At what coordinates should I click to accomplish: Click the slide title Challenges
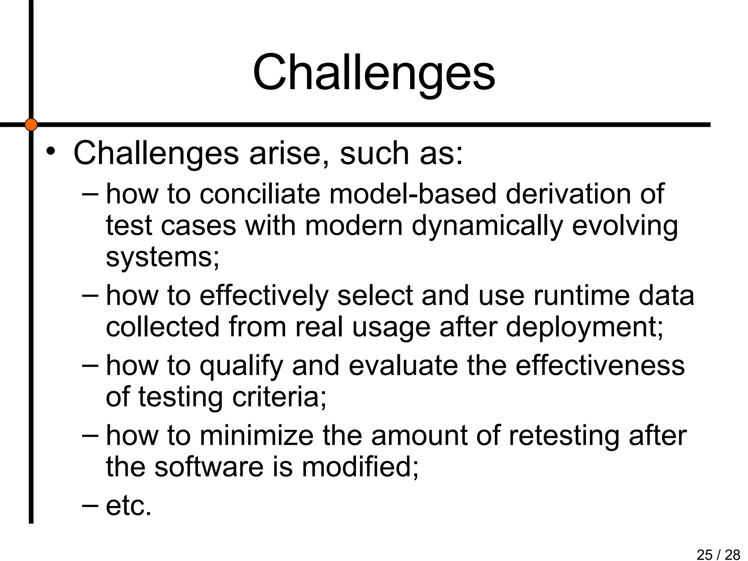tap(374, 73)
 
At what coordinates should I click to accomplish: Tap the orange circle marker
tap(31, 125)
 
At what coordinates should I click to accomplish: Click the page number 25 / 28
tap(718, 554)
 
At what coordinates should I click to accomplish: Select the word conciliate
tap(260, 194)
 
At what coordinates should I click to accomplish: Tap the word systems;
tap(163, 257)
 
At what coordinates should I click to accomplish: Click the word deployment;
tap(584, 327)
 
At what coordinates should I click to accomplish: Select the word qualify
tap(241, 366)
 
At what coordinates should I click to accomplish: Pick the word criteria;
tap(279, 397)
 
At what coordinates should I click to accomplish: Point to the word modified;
tap(360, 467)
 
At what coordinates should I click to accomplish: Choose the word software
tap(209, 467)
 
